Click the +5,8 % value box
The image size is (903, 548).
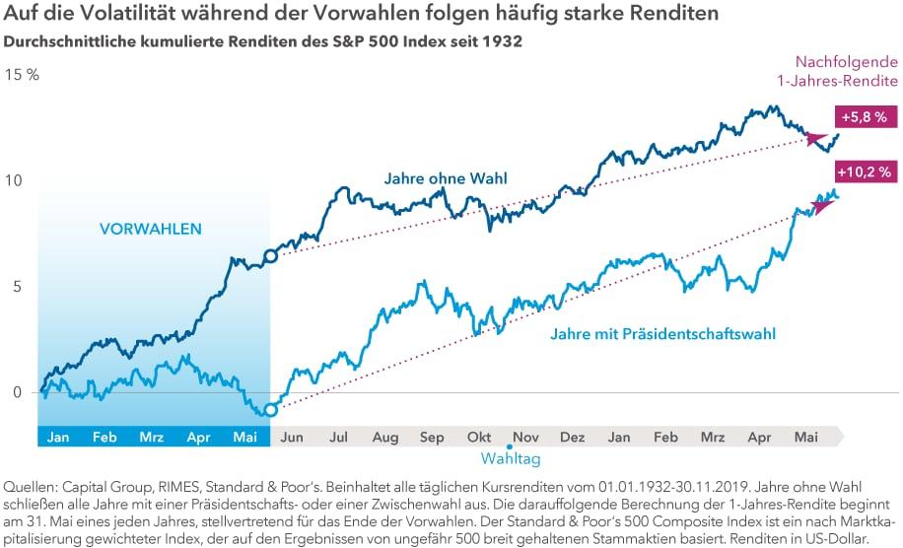click(864, 116)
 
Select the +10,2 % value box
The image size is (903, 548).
click(864, 171)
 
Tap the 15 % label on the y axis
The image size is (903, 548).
click(21, 75)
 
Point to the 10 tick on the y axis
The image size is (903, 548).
click(13, 181)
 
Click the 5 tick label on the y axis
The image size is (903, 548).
click(15, 287)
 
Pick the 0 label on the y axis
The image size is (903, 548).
click(15, 392)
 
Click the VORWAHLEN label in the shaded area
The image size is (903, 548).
click(150, 229)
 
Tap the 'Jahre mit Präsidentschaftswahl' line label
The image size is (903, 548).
click(662, 334)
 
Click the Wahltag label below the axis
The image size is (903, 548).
click(511, 458)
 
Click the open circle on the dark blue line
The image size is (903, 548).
click(270, 256)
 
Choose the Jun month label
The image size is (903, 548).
click(293, 437)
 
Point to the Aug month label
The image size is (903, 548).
click(385, 437)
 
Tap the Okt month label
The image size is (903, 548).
click(479, 437)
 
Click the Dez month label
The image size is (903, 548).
click(573, 437)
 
